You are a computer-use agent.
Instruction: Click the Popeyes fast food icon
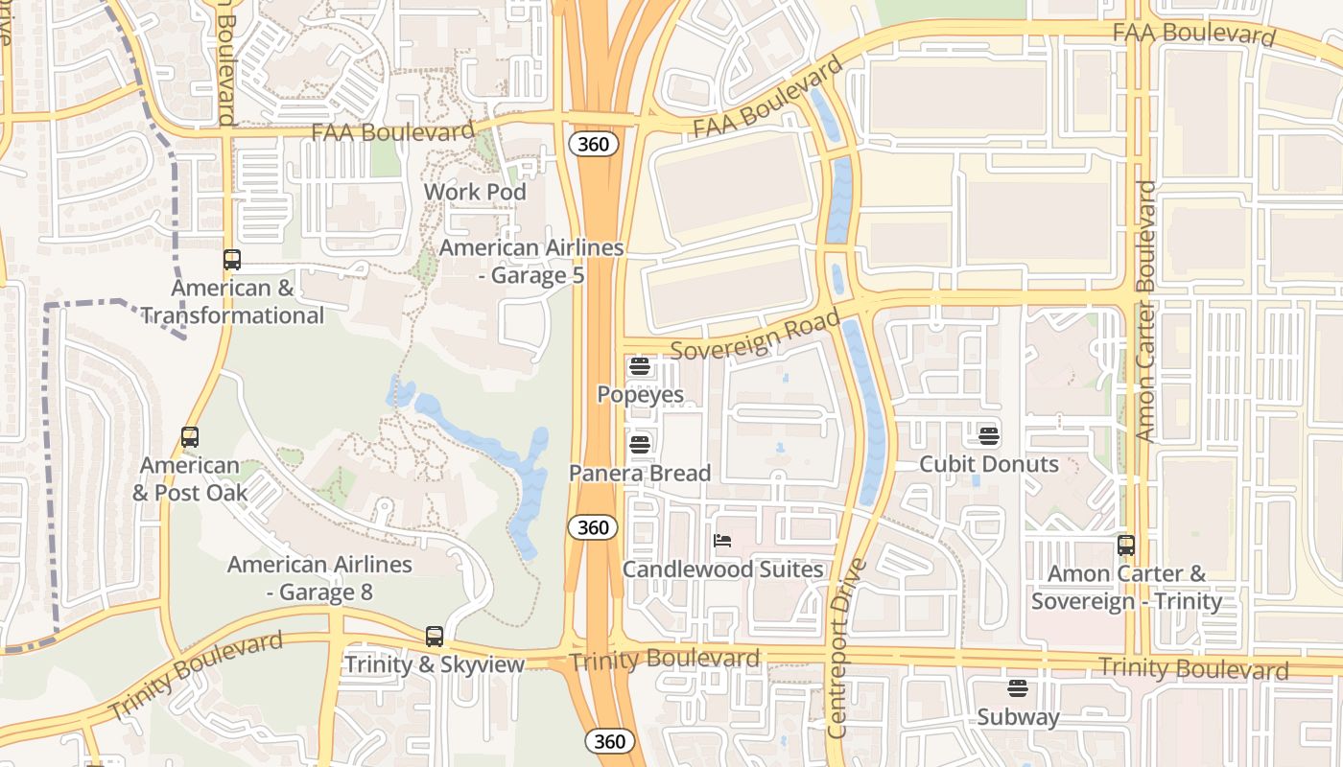[x=640, y=366]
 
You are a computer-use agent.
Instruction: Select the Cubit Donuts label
[x=989, y=464]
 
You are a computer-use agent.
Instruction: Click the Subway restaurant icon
[x=1017, y=688]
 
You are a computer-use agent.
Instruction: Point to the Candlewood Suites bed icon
[x=722, y=541]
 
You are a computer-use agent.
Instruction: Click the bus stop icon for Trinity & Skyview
[x=435, y=637]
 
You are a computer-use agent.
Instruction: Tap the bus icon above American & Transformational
[x=231, y=259]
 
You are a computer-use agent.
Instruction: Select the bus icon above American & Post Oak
[x=190, y=437]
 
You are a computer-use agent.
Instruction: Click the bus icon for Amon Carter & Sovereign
[x=1126, y=546]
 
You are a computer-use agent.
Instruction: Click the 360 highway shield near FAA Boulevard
[x=593, y=144]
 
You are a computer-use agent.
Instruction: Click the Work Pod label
[x=475, y=192]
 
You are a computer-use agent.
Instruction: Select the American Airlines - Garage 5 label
[x=530, y=262]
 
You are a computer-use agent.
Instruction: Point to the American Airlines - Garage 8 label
[x=319, y=578]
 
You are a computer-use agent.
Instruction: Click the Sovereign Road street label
[x=755, y=335]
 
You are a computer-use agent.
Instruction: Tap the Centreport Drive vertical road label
[x=845, y=648]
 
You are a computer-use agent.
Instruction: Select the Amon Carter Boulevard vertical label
[x=1145, y=311]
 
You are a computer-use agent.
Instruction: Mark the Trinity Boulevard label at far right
[x=1192, y=668]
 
